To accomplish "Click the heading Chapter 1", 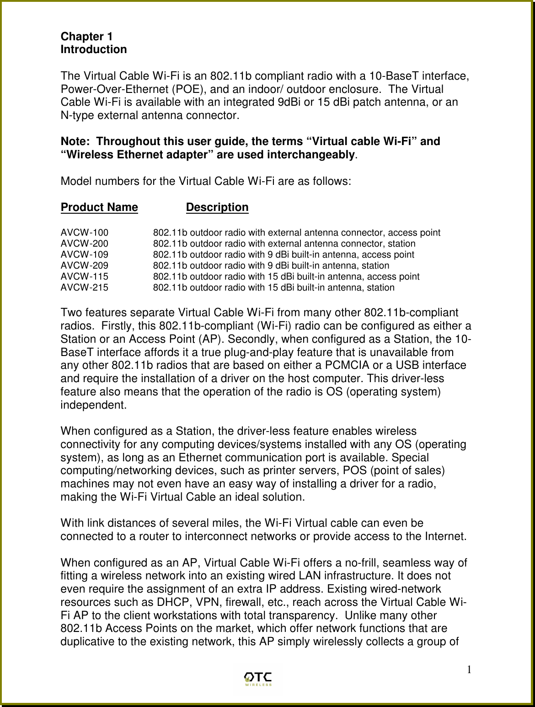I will [x=87, y=36].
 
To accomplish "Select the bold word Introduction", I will [x=94, y=49].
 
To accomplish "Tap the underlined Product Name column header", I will [x=99, y=207].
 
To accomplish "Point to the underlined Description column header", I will [x=217, y=207].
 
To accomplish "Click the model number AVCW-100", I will [x=85, y=233].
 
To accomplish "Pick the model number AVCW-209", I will [x=85, y=266].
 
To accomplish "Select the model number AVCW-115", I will [x=85, y=277].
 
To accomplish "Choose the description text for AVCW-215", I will [x=273, y=288].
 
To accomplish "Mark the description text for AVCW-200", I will [x=284, y=244].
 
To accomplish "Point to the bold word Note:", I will [x=75, y=142].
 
